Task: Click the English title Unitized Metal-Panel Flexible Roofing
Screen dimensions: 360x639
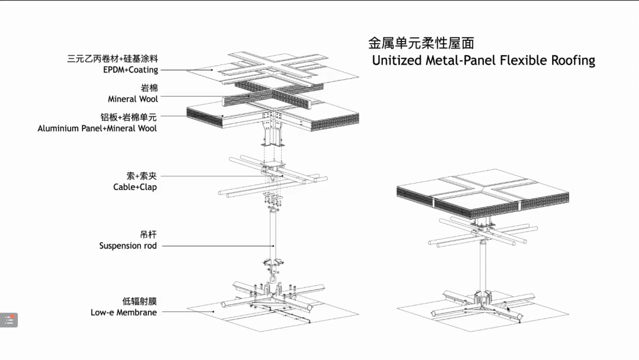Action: point(483,60)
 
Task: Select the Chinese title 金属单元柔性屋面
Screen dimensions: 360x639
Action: point(421,43)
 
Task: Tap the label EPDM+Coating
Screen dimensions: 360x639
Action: point(130,70)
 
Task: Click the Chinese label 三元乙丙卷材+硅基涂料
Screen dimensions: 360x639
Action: point(112,59)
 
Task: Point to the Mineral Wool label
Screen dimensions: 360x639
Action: point(133,99)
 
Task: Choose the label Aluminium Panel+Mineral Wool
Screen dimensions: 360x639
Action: point(97,128)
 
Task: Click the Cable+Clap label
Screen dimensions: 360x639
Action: point(135,187)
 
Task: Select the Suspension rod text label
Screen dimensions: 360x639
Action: point(128,246)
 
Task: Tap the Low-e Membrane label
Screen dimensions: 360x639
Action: point(124,312)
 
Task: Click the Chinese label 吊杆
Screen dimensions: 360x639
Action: point(149,234)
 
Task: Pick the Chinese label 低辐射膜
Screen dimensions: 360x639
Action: point(140,301)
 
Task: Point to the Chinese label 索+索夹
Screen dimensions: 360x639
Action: point(142,176)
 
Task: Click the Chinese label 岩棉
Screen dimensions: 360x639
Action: point(149,88)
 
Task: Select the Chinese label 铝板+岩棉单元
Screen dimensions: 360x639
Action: point(128,117)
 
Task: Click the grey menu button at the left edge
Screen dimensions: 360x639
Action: point(9,320)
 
